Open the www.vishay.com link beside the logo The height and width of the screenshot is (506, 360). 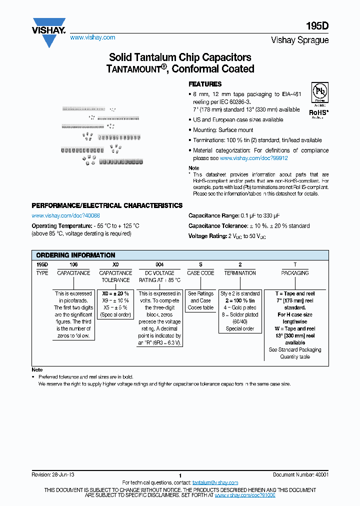(x=92, y=37)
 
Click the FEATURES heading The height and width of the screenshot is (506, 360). (x=204, y=84)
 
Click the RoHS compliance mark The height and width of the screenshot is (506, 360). (x=318, y=112)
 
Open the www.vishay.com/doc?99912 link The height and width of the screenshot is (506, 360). (x=253, y=157)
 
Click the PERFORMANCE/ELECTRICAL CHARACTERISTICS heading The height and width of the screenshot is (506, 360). (x=107, y=205)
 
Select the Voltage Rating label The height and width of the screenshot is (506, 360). (x=205, y=235)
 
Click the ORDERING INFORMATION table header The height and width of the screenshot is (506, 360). (x=76, y=255)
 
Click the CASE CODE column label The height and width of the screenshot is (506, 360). (x=200, y=273)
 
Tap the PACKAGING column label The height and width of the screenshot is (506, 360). (x=295, y=273)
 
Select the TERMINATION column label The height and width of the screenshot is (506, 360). (x=240, y=273)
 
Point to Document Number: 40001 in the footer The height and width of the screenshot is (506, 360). (x=300, y=474)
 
